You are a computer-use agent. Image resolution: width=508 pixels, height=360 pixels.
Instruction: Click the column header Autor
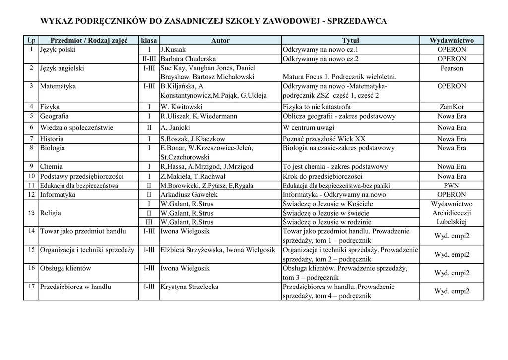[x=220, y=40]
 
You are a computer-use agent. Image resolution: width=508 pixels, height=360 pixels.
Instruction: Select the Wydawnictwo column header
[x=451, y=40]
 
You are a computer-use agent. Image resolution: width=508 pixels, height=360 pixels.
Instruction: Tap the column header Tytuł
[x=350, y=40]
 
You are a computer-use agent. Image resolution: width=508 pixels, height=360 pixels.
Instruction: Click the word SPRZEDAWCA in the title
[x=357, y=21]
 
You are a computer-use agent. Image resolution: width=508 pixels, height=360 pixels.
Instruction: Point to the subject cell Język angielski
[x=62, y=68]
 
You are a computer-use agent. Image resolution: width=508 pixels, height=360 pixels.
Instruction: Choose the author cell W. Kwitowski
[x=182, y=107]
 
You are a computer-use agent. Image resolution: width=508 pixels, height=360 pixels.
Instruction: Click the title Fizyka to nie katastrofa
[x=317, y=107]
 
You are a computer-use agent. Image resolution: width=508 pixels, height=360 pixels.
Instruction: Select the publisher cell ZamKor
[x=451, y=107]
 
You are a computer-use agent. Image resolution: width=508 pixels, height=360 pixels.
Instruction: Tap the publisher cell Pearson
[x=451, y=68]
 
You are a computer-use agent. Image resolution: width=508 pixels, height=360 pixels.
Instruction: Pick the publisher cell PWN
[x=451, y=186]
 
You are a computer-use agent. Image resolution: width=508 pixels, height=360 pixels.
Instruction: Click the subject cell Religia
[x=51, y=213]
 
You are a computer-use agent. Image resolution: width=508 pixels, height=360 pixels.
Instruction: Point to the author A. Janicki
[x=175, y=128]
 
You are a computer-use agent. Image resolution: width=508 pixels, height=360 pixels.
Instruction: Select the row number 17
[x=31, y=287]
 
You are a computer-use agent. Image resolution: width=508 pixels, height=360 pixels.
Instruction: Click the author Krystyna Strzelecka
[x=189, y=287]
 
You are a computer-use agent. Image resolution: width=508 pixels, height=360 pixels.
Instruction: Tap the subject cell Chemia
[x=51, y=167]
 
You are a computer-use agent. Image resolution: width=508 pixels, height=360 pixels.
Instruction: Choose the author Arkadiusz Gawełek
[x=189, y=195]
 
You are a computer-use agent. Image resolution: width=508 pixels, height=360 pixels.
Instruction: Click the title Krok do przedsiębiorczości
[x=322, y=176]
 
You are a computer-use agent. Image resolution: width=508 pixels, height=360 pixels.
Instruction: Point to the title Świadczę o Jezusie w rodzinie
[x=327, y=222]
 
